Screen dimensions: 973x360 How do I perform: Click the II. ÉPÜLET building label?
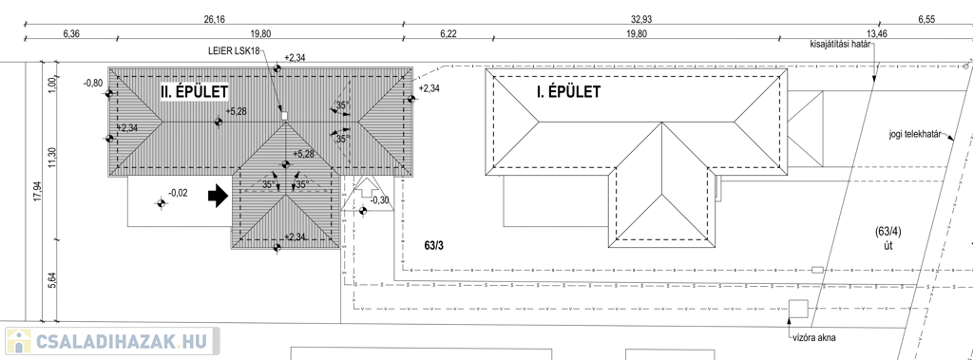tap(194, 92)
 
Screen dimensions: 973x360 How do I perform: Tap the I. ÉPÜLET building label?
tap(568, 92)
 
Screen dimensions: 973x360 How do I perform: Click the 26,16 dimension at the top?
tap(214, 19)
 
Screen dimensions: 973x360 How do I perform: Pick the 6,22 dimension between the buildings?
tap(448, 33)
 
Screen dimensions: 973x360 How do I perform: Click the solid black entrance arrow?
tap(218, 197)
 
